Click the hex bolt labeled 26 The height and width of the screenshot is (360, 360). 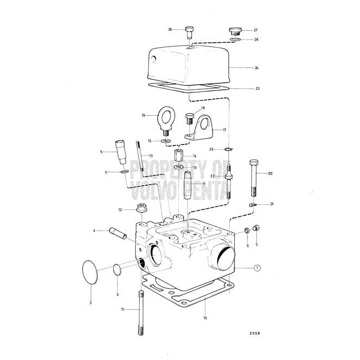[x=189, y=31]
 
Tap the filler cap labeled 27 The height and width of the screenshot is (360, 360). [x=235, y=30]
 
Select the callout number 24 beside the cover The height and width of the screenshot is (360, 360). [x=257, y=68]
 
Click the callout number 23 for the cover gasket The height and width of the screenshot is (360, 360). [x=257, y=88]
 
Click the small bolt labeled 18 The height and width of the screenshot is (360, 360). [x=189, y=117]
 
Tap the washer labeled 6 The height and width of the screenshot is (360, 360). [x=124, y=172]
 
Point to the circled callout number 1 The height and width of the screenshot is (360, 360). [x=257, y=267]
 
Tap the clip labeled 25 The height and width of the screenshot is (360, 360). [x=230, y=149]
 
